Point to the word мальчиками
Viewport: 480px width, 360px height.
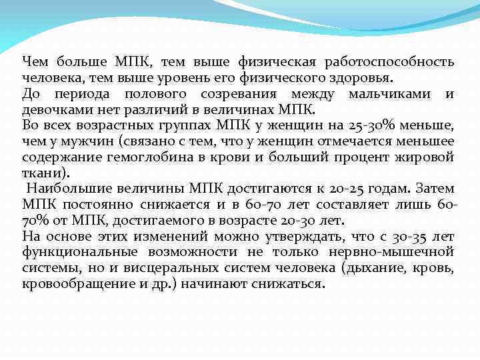(x=389, y=94)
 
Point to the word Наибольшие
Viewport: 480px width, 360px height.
(x=69, y=189)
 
